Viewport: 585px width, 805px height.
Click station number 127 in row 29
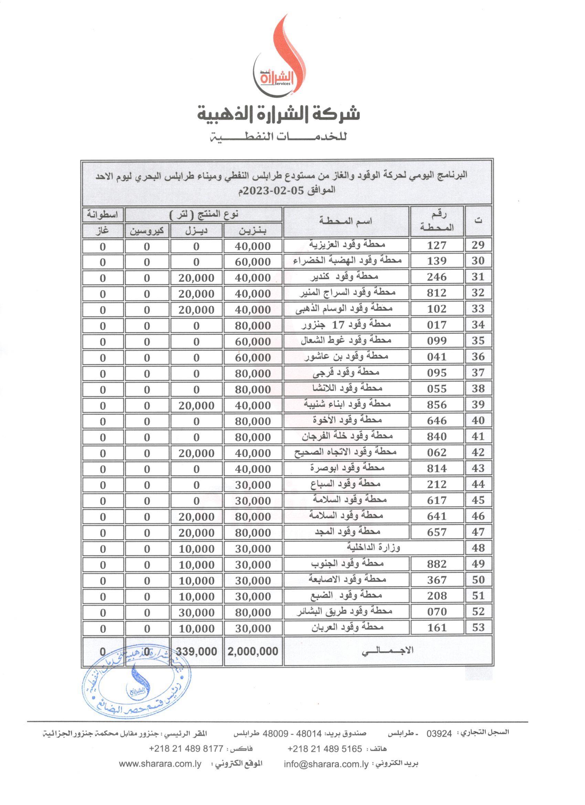tap(437, 245)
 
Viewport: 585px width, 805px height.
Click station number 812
tap(437, 293)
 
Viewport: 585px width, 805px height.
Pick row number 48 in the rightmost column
tap(478, 548)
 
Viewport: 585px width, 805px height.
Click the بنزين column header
tap(253, 231)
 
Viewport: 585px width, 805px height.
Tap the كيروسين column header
tap(147, 231)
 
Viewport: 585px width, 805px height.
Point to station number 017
tap(437, 325)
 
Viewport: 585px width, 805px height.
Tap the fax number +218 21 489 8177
tap(188, 749)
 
